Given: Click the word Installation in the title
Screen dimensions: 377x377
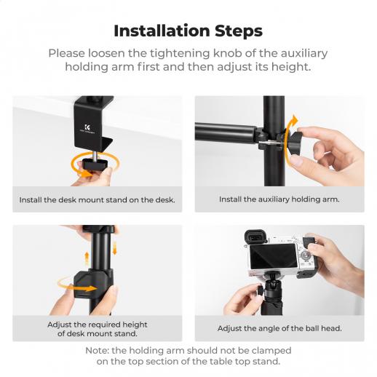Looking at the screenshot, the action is click(x=162, y=31).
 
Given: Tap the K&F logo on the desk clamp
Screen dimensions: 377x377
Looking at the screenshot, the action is click(x=87, y=128).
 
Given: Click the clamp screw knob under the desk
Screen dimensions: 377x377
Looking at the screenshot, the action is click(x=95, y=164).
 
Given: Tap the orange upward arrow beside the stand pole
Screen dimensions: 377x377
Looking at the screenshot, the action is click(x=87, y=259).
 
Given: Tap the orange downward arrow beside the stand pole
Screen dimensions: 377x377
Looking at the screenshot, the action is click(x=114, y=248).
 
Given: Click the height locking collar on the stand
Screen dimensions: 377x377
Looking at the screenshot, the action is click(x=93, y=283).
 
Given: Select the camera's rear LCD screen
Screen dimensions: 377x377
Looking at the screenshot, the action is click(x=274, y=256).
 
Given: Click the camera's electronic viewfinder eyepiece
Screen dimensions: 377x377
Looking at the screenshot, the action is click(x=255, y=237).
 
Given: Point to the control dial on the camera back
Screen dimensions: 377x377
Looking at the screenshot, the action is click(x=305, y=255).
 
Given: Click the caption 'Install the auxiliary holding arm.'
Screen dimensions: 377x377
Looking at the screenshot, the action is click(x=279, y=199).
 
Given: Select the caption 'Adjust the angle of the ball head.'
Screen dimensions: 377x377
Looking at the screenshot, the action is click(x=279, y=328).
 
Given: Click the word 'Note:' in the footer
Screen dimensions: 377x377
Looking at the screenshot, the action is click(x=98, y=351).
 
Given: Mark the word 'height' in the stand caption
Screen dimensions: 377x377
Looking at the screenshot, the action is click(x=135, y=325).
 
